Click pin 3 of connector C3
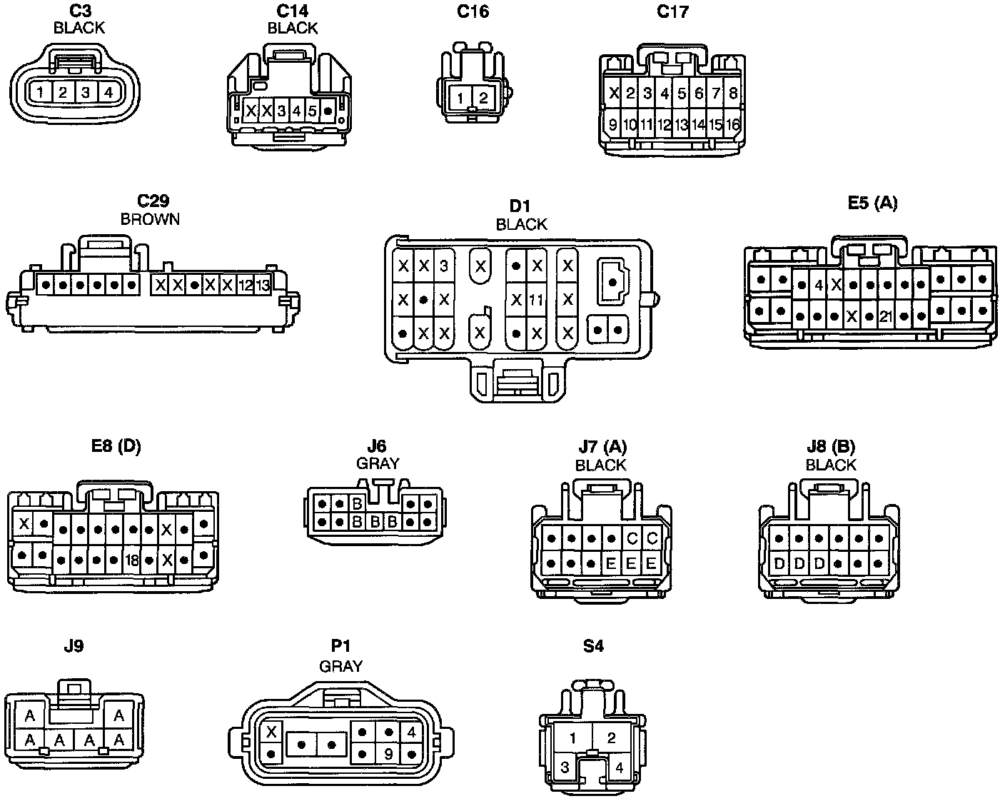[x=86, y=92]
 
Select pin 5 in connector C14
[x=312, y=111]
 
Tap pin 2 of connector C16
[x=483, y=99]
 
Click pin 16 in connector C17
[x=733, y=125]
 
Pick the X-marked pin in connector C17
[x=613, y=93]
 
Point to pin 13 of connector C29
[x=263, y=286]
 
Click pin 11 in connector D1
[x=536, y=300]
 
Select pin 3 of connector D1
[x=444, y=266]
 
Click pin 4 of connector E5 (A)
[x=819, y=286]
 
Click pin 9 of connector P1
[x=388, y=753]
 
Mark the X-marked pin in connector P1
[x=271, y=732]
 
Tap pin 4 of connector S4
[x=619, y=769]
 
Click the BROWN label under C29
[x=150, y=219]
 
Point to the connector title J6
[x=378, y=447]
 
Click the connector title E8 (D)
[x=116, y=447]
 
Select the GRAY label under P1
[x=340, y=666]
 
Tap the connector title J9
[x=74, y=646]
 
